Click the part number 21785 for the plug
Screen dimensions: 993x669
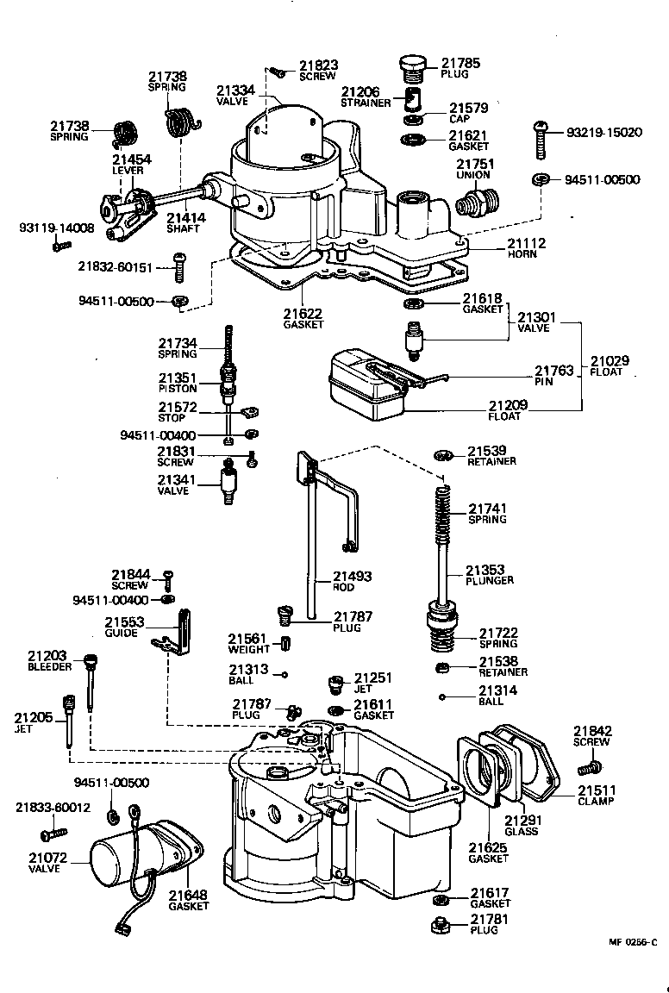click(460, 63)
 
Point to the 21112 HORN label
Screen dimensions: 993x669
click(526, 248)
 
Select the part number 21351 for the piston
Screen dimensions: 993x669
click(177, 378)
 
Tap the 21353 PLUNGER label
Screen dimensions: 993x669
click(489, 575)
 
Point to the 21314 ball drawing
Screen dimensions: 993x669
click(442, 697)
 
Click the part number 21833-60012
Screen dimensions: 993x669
click(53, 807)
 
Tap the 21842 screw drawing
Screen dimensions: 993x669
click(591, 765)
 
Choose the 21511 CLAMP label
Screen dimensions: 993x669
click(596, 795)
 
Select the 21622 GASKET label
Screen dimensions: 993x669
click(303, 318)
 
